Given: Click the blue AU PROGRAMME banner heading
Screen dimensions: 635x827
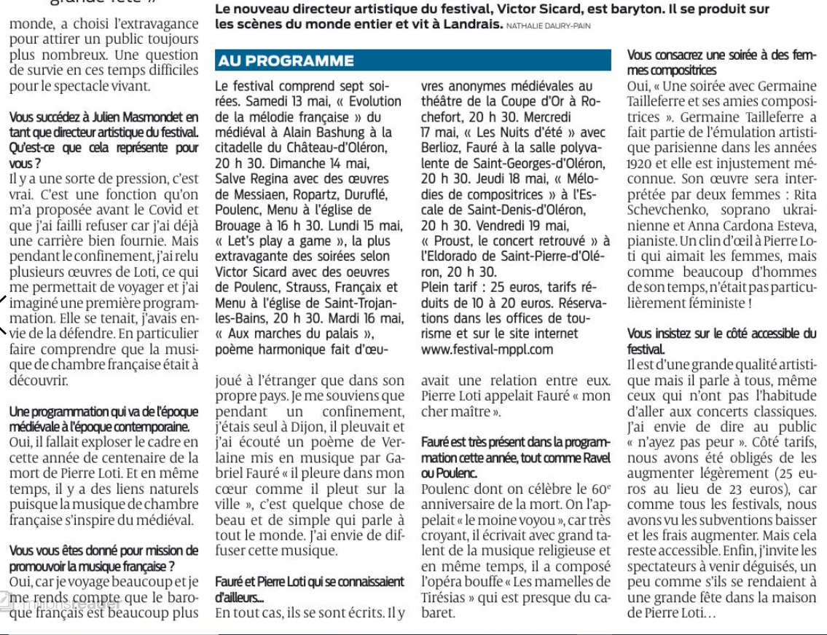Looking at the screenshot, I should point(286,61).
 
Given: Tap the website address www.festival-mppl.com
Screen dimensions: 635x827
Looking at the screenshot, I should point(487,350).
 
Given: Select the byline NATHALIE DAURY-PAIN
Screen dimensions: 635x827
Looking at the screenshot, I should point(549,26).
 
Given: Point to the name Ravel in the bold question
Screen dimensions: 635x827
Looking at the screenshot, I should point(595,458).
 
